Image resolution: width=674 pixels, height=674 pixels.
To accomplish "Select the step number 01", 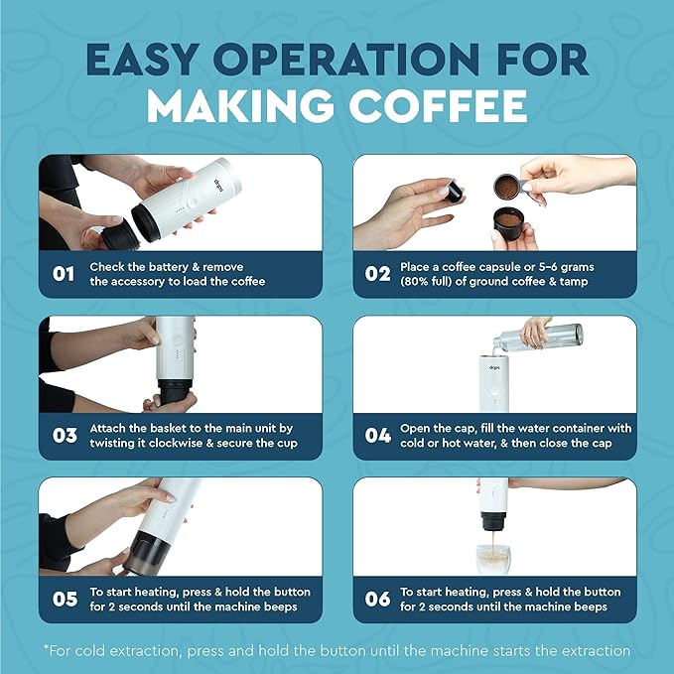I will pos(63,274).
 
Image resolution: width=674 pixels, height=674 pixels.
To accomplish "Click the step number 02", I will pos(377,274).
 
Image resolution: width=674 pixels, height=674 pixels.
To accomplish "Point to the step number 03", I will pos(63,436).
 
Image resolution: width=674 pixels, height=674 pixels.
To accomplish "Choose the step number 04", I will pos(377,436).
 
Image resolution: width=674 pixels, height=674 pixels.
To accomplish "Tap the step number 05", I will pos(63,599).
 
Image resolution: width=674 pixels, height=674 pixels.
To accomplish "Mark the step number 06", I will pos(377,599).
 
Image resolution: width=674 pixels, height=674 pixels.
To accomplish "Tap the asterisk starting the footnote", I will pos(46,650).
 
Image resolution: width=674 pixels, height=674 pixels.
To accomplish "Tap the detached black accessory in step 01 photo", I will pos(106,235).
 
